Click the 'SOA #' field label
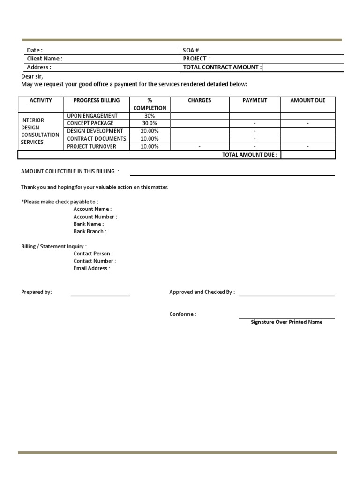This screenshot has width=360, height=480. tap(187, 50)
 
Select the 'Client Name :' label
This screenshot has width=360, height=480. tap(45, 59)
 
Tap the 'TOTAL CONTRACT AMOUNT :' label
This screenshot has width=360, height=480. tap(222, 67)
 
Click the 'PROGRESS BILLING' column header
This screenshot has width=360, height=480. tap(97, 100)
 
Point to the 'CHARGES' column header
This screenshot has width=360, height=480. tap(199, 100)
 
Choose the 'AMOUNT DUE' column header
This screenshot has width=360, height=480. tap(307, 100)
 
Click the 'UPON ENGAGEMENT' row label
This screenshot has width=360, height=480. tap(92, 116)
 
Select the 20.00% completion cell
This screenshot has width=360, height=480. tap(150, 131)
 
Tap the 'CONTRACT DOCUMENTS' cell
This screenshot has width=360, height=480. tap(97, 139)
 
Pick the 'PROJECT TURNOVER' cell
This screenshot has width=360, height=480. tap(91, 147)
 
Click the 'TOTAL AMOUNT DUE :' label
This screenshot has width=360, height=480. tap(250, 155)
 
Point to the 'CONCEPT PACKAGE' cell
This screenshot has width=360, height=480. tap(90, 123)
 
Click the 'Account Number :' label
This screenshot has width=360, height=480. tap(95, 217)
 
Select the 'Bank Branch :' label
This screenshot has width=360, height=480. tap(90, 232)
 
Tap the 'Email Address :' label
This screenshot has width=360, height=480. tap(91, 269)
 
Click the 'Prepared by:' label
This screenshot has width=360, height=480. tap(37, 292)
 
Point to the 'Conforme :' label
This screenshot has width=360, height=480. tap(183, 314)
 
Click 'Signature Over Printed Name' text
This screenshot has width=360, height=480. tap(286, 322)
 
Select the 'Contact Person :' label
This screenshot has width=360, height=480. tap(93, 254)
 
